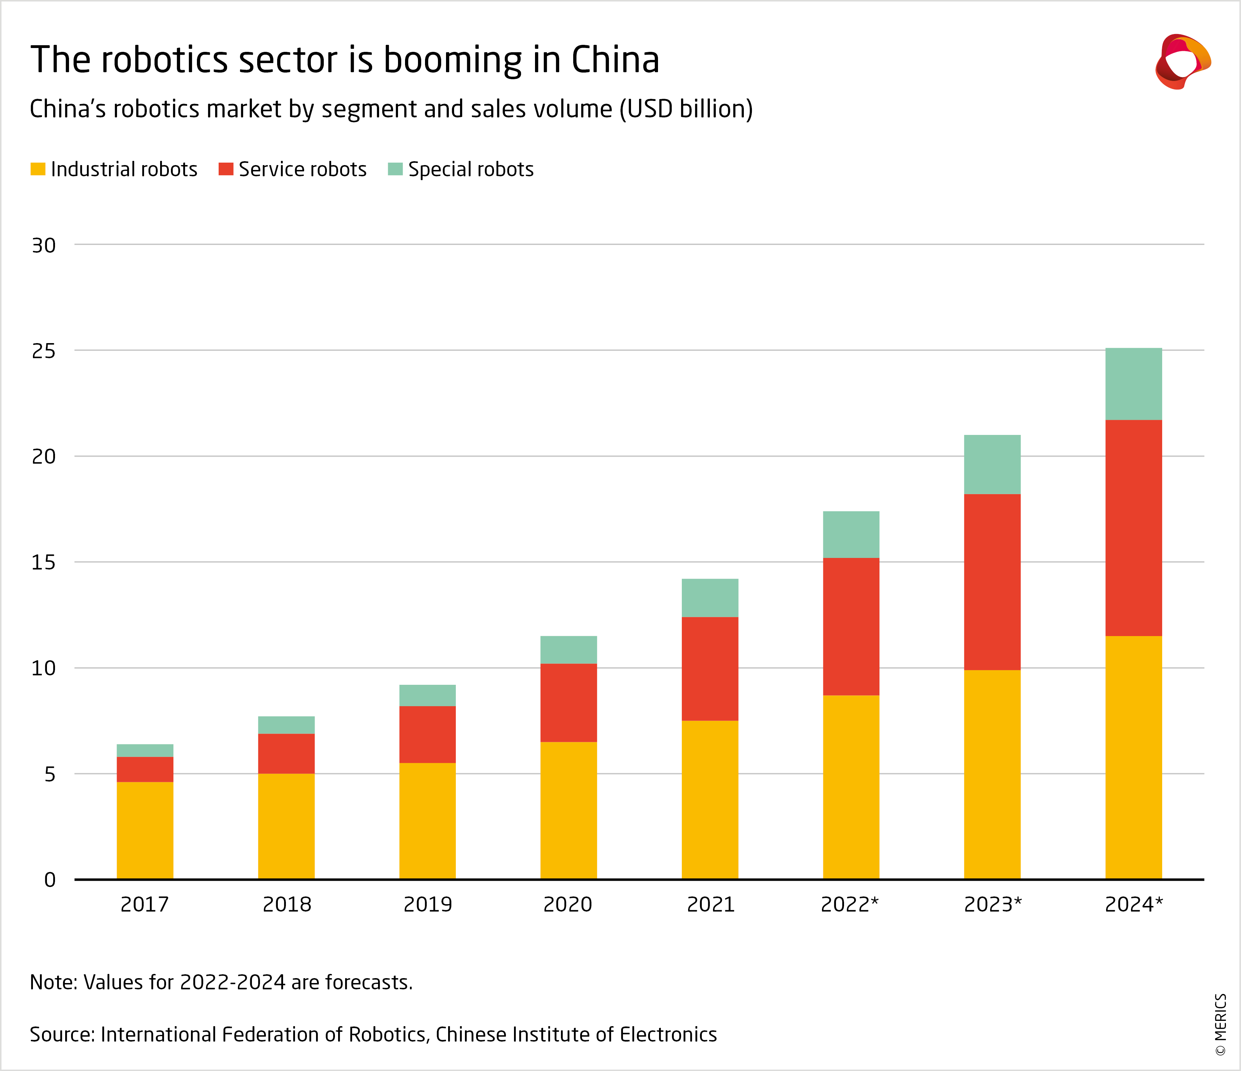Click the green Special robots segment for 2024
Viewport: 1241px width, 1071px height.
1133,384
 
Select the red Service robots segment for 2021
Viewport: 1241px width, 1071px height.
710,668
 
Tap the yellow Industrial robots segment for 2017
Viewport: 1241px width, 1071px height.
145,830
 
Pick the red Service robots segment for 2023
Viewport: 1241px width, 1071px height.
992,582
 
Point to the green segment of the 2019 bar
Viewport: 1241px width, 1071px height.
427,695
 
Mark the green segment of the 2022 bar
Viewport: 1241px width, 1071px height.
850,534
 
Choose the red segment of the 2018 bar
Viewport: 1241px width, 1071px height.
286,753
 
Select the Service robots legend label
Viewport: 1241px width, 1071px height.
302,170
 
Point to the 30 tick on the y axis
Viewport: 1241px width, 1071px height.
44,245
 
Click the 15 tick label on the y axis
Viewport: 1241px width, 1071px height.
44,562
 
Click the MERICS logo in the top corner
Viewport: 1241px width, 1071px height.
1182,62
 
